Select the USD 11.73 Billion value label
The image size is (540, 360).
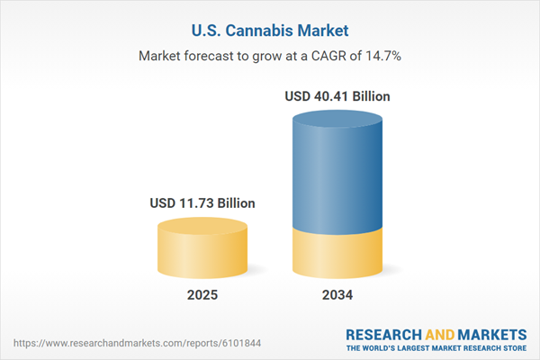click(202, 203)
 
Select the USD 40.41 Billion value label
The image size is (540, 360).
click(337, 95)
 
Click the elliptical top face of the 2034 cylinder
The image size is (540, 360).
click(337, 117)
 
